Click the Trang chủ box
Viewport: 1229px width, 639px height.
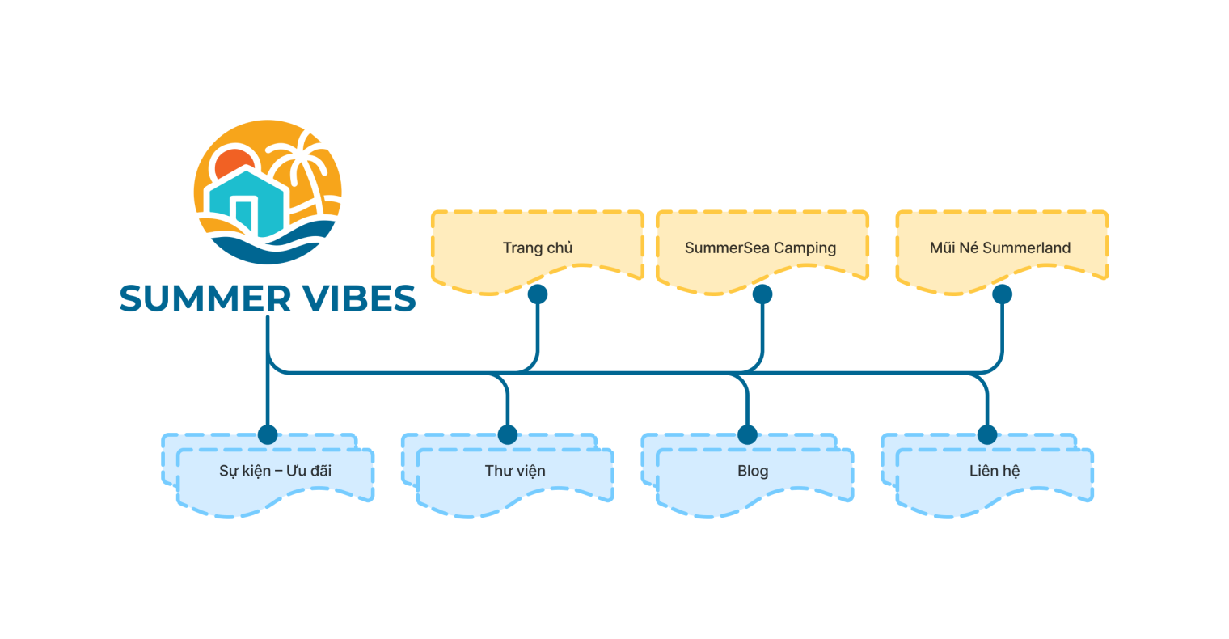(x=538, y=248)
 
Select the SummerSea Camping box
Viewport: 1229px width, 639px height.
(x=761, y=248)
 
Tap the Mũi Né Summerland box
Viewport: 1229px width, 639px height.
(x=1000, y=248)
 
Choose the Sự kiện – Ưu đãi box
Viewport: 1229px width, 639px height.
(x=275, y=471)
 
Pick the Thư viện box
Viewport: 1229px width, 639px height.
(x=515, y=471)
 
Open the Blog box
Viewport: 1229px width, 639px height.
(x=753, y=471)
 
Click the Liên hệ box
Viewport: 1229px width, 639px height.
(x=995, y=471)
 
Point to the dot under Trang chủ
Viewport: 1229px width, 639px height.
(x=538, y=294)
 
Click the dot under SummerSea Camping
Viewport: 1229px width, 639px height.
(x=762, y=294)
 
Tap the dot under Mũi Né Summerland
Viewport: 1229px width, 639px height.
(x=1002, y=294)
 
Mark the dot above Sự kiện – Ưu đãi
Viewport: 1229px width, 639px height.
(x=267, y=434)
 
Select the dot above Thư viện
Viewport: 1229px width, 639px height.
(x=507, y=434)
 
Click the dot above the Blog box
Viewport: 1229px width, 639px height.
(x=747, y=434)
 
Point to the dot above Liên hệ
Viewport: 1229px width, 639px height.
(x=987, y=434)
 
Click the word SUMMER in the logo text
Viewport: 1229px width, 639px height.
(x=205, y=299)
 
